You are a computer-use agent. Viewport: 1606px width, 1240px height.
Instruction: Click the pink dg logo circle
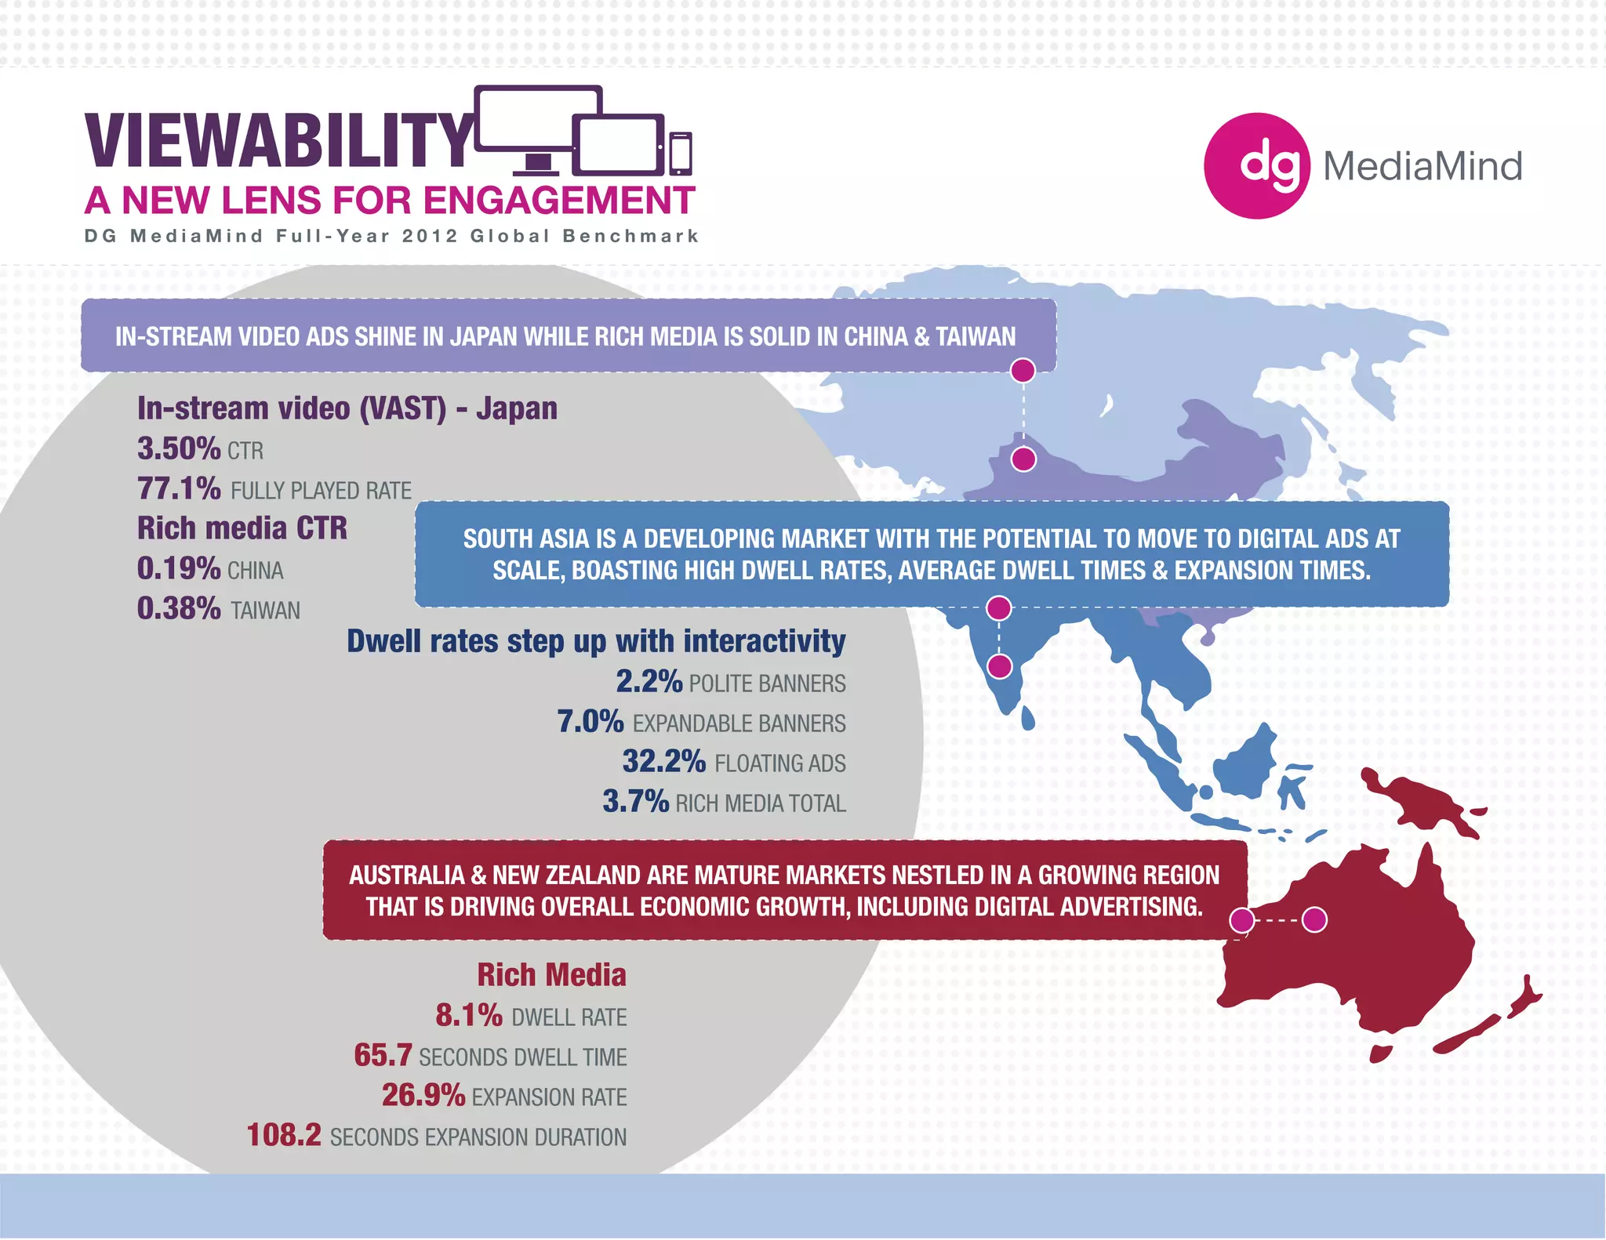coord(1256,166)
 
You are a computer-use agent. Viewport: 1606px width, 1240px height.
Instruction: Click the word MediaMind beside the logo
coord(1423,166)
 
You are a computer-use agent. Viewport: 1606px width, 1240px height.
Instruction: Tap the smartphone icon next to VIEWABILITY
coord(680,154)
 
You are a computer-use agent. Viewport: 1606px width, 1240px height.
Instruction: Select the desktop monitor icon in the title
coord(538,125)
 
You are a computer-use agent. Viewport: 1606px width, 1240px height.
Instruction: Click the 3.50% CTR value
coord(179,449)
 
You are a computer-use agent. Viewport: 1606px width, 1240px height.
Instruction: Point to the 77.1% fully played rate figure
coord(179,489)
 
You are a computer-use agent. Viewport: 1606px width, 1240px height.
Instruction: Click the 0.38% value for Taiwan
coord(179,609)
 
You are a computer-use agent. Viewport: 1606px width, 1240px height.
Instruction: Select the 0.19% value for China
coord(179,569)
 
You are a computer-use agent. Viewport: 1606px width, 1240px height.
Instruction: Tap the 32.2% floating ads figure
coord(663,762)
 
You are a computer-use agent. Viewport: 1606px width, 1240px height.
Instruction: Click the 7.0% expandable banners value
coord(590,722)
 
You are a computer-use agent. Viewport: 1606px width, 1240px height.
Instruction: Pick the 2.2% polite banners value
coord(649,682)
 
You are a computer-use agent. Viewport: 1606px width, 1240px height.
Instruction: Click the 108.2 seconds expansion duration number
coord(284,1136)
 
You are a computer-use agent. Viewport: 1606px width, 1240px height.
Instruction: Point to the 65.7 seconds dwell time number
coord(383,1056)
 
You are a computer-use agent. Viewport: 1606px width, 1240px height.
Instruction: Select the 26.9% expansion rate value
coord(423,1096)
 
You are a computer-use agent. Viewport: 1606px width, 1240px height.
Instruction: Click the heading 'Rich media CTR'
coord(242,528)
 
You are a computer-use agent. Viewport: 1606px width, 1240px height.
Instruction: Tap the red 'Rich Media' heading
coord(551,975)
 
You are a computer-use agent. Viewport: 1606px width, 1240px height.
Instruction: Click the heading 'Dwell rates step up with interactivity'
coord(596,641)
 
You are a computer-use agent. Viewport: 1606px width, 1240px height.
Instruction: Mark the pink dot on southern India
coord(999,667)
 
